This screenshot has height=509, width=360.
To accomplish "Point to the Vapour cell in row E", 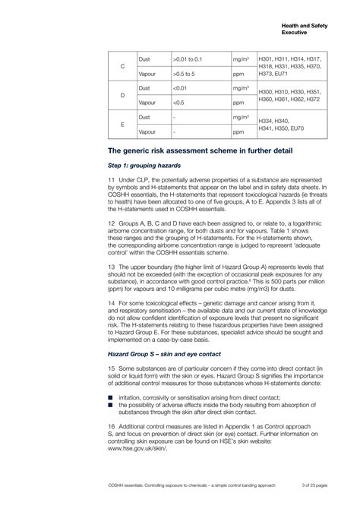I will (x=147, y=131).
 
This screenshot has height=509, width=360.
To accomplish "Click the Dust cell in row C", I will (x=144, y=59).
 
